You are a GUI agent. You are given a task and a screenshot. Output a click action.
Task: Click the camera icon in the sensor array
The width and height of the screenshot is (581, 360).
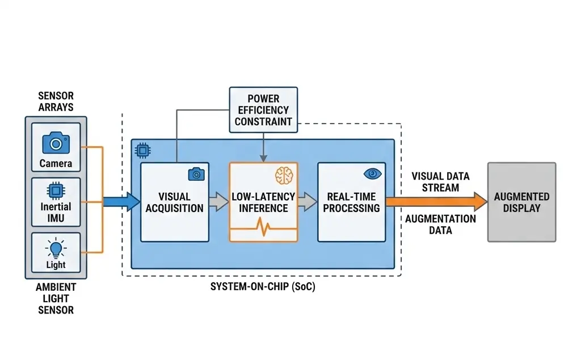point(56,143)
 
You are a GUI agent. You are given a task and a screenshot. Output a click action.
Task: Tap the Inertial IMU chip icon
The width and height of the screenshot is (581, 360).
point(56,190)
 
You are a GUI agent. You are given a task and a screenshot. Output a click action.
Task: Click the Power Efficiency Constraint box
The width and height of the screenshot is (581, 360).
point(263,110)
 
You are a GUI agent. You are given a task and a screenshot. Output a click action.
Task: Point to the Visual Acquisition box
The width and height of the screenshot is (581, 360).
point(174,202)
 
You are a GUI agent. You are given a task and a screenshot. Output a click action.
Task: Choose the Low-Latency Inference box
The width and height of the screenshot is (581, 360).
point(263,202)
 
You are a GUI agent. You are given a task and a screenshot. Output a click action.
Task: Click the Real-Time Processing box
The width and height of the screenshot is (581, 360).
point(351,202)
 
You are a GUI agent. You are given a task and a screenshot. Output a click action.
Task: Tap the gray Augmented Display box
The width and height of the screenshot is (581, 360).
point(521,202)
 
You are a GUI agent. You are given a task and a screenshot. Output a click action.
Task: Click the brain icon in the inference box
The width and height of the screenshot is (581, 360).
point(283,175)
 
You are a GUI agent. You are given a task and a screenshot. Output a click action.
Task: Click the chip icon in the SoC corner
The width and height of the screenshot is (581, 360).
point(141,150)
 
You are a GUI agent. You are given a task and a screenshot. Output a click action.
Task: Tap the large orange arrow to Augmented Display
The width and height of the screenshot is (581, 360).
point(437,201)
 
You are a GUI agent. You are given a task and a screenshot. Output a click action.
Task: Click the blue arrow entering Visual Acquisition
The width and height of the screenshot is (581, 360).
point(121,201)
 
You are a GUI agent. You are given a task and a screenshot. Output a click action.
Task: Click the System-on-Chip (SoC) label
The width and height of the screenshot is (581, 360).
point(263,287)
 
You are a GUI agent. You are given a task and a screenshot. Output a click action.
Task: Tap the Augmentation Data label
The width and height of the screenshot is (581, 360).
point(440,225)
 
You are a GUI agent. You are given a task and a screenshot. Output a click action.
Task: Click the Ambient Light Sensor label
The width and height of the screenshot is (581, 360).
point(56,299)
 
